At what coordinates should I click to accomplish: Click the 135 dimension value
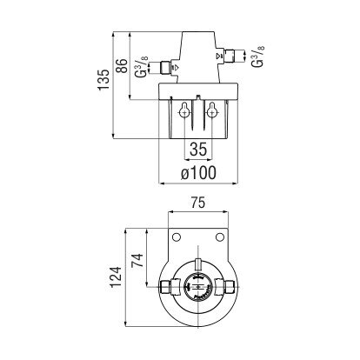pyautogui.click(x=103, y=80)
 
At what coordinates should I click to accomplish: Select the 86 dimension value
pyautogui.click(x=122, y=66)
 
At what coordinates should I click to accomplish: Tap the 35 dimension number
pyautogui.click(x=198, y=150)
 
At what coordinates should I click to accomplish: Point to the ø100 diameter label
pyautogui.click(x=198, y=173)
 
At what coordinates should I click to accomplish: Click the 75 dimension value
pyautogui.click(x=198, y=203)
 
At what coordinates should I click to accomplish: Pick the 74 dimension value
pyautogui.click(x=137, y=261)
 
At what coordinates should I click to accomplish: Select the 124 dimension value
pyautogui.click(x=117, y=277)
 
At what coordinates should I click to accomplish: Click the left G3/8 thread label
pyautogui.click(x=141, y=67)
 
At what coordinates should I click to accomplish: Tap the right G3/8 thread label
pyautogui.click(x=257, y=56)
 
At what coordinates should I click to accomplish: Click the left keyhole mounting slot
pyautogui.click(x=184, y=110)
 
